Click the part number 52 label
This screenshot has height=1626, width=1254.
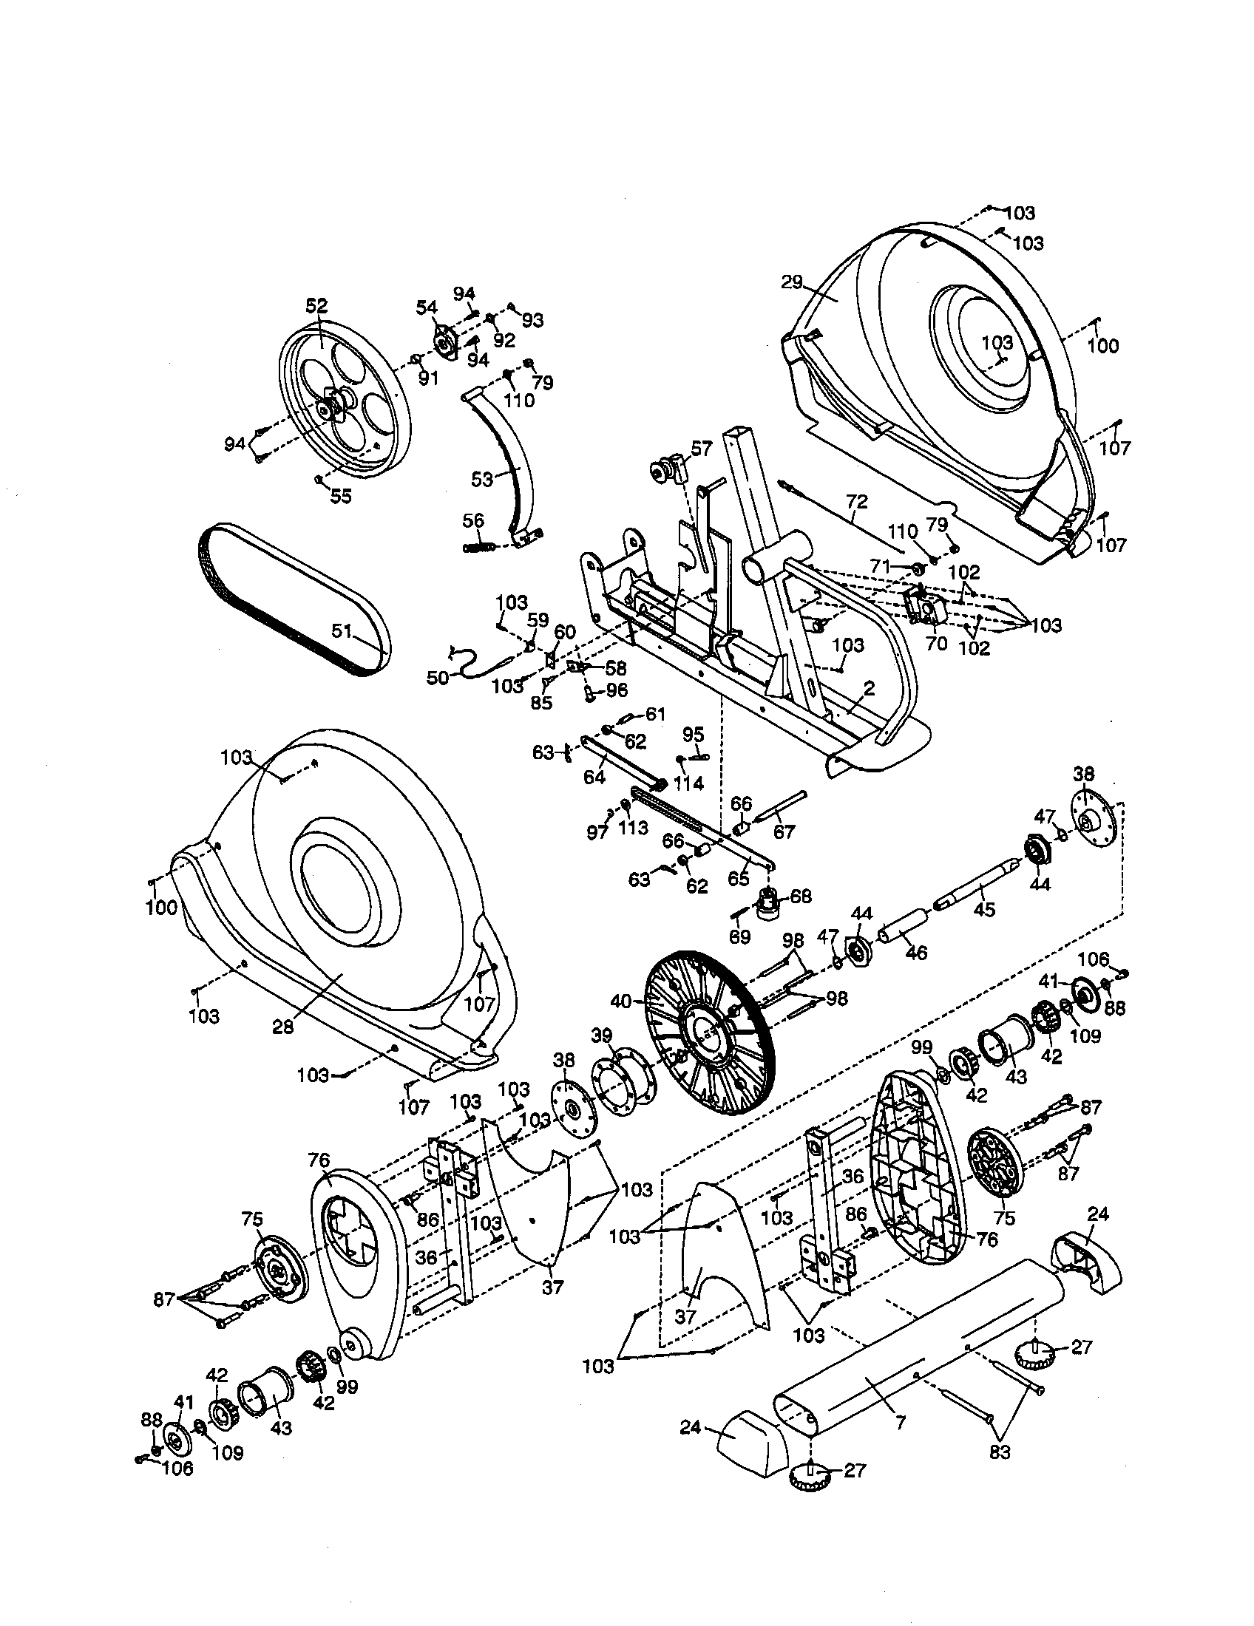316,306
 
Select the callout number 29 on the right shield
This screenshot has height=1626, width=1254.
793,282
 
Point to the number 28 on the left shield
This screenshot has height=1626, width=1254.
283,1027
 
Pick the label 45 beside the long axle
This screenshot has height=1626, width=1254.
984,910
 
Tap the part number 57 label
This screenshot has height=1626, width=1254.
702,447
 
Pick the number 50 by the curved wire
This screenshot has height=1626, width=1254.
438,678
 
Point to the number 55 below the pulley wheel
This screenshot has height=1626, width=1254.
340,497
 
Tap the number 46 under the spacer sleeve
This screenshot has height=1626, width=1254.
916,952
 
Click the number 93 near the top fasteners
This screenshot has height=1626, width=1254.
532,320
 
